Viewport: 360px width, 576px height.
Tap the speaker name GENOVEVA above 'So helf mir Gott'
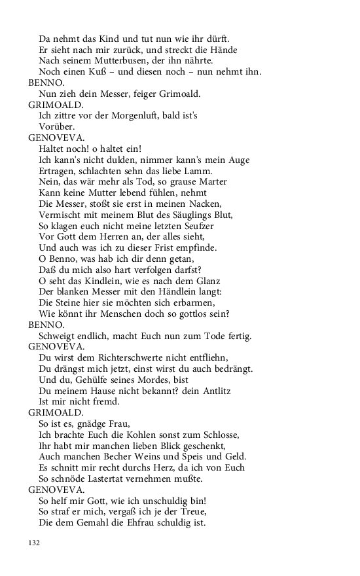tap(56, 490)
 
